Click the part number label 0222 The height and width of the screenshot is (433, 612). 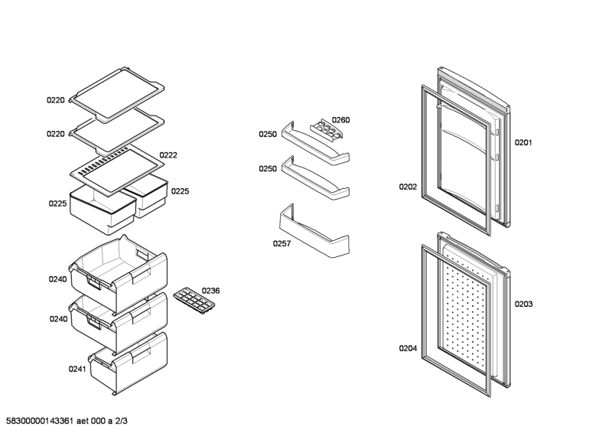click(x=168, y=155)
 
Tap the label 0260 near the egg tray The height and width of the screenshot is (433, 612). click(x=340, y=120)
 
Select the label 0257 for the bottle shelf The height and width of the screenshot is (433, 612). click(x=282, y=244)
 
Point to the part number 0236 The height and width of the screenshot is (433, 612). click(x=210, y=291)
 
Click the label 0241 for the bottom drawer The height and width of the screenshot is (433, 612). click(x=77, y=369)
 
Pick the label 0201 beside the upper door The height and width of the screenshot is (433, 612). click(x=523, y=142)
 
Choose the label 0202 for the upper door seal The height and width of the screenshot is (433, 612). click(x=407, y=186)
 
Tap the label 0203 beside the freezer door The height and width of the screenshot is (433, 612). click(x=523, y=304)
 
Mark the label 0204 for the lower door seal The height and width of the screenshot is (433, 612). click(x=407, y=349)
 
